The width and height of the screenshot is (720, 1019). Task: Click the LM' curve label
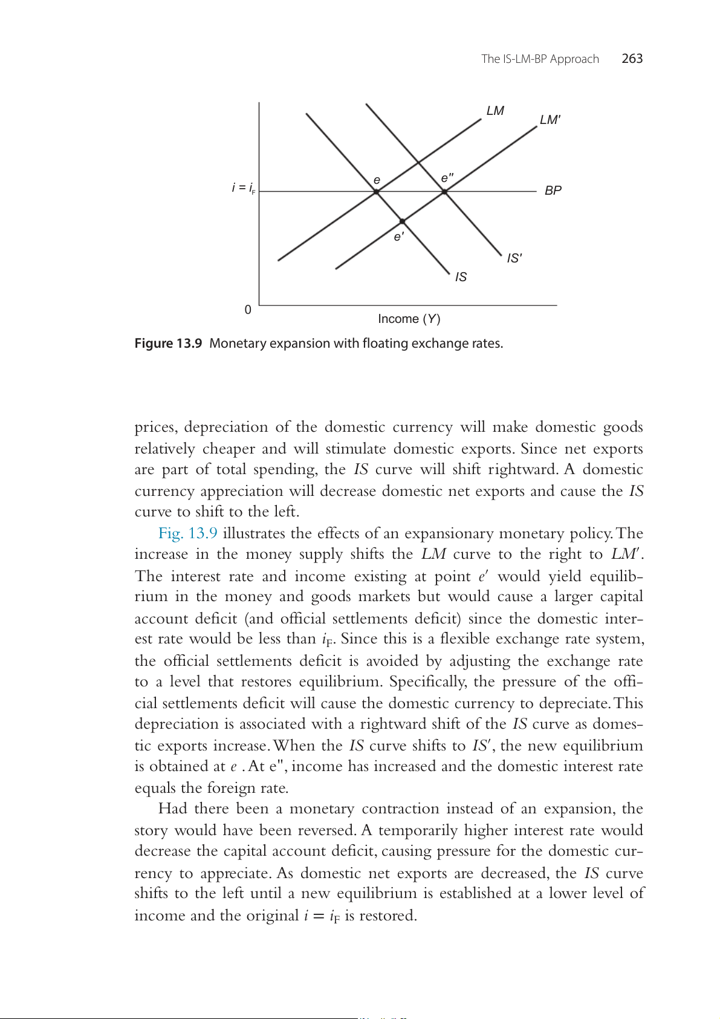coord(550,120)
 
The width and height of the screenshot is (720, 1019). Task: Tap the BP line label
coord(553,190)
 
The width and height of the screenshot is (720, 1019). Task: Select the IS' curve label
coord(514,258)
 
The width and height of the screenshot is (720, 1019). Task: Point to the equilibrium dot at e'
coord(402,221)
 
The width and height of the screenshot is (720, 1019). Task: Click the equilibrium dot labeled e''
coord(444,192)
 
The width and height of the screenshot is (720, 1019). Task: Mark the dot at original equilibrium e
coord(376,192)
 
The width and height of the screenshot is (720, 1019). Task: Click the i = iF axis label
coord(243,188)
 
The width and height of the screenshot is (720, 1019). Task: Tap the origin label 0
coord(248,310)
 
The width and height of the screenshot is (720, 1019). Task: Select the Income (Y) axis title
coord(409,319)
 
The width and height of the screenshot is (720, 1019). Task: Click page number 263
coord(632,59)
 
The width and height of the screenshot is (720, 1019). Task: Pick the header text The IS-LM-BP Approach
coord(540,59)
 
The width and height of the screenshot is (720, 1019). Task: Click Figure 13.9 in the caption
coord(168,343)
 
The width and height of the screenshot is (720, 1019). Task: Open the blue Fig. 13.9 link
coord(187,533)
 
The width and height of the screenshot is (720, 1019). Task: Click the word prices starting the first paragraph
coord(155,428)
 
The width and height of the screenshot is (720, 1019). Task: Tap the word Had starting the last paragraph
coord(172,809)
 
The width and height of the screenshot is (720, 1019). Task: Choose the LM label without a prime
coord(495,111)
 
